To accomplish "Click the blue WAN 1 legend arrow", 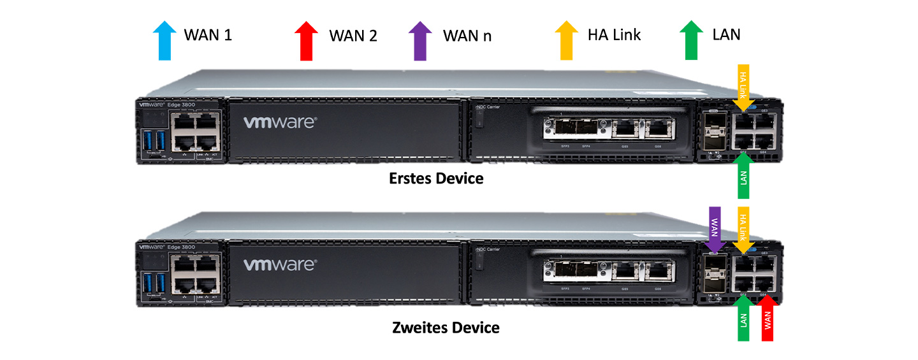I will [164, 40].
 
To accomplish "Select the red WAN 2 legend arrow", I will [306, 40].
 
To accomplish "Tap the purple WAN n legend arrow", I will [419, 40].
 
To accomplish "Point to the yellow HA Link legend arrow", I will [565, 40].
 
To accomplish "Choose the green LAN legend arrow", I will [690, 40].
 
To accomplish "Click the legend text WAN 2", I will [353, 36].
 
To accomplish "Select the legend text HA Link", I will [614, 34].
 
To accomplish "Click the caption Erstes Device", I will [436, 179].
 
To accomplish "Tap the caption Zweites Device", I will [445, 328].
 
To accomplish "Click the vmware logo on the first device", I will [279, 122].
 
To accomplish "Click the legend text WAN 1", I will [208, 34].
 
